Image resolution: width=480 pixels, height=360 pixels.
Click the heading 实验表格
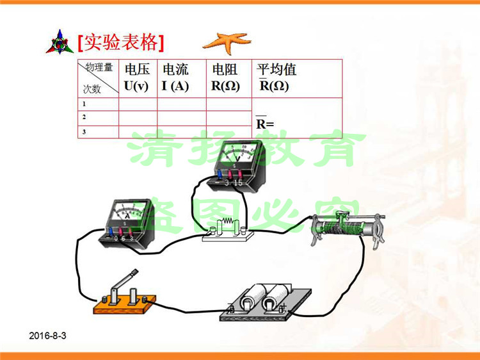tap(121, 42)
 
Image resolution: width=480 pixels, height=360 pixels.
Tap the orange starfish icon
tap(227, 42)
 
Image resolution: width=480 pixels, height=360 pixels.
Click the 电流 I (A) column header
tap(181, 78)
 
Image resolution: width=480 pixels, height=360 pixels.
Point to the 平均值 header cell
tap(296, 78)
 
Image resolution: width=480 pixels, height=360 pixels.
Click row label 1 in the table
tap(84, 104)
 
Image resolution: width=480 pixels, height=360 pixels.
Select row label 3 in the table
tap(84, 132)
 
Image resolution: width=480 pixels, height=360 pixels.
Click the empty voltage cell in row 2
tap(138, 117)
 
